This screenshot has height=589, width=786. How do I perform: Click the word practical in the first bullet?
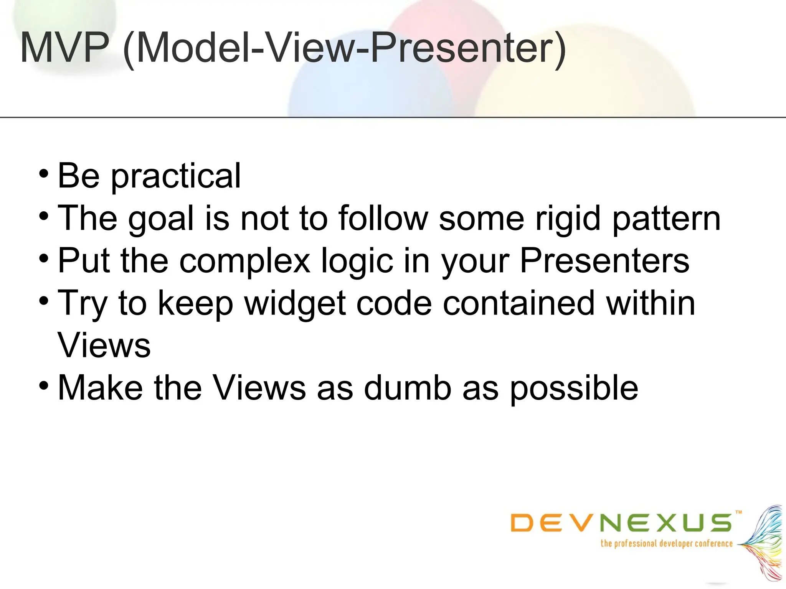(176, 176)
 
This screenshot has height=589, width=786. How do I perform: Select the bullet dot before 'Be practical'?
(44, 173)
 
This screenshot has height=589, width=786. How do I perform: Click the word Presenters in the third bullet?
(604, 261)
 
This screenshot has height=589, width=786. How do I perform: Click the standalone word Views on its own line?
(104, 345)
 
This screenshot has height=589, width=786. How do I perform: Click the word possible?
(574, 388)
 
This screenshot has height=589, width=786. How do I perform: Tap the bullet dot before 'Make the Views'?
(44, 385)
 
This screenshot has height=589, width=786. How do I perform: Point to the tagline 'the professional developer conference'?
(666, 544)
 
